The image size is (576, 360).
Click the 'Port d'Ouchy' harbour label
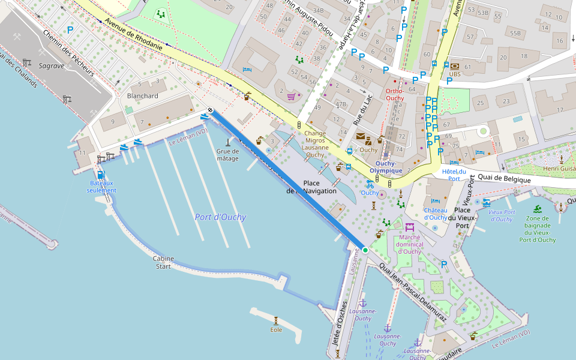220,217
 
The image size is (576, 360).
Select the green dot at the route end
365,250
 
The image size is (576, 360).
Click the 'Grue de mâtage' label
227,155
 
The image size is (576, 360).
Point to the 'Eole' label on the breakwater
276,329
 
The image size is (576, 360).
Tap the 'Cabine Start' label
163,262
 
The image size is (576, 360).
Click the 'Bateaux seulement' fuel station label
101,186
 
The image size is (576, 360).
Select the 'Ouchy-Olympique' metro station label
385,167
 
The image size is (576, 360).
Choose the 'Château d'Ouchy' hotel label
436,214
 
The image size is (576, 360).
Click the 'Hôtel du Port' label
454,175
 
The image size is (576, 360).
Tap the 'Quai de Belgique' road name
504,179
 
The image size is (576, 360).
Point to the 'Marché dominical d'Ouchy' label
411,244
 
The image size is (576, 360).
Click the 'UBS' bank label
455,74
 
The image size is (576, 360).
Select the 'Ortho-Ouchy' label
394,94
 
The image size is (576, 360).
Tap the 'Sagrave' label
51,65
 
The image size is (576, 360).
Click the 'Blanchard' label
143,96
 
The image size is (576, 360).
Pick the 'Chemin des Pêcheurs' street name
68,53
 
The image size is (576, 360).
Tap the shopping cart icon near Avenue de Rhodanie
291,95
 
